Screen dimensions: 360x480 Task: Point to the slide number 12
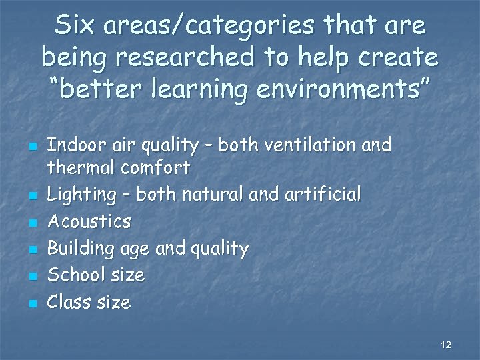(446, 345)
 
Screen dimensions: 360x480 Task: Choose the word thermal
(77, 167)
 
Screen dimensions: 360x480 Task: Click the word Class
(69, 303)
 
